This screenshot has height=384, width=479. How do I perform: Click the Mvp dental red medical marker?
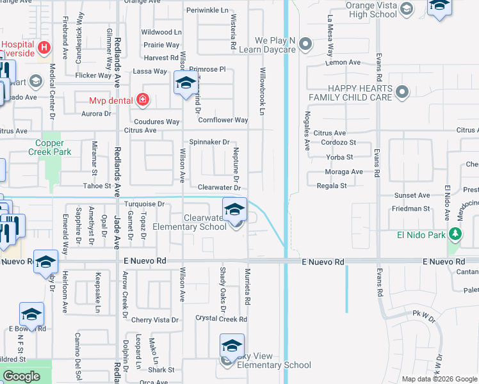[142, 100]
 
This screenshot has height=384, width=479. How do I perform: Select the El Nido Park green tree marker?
[455, 234]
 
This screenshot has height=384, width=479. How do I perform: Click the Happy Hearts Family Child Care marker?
[402, 93]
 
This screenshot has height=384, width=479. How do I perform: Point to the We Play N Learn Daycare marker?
[306, 45]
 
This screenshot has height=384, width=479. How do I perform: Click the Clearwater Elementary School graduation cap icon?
[234, 209]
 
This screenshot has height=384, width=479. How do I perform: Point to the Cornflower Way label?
[223, 120]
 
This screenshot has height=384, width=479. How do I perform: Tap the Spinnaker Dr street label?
[209, 142]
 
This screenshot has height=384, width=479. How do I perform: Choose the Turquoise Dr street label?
[144, 204]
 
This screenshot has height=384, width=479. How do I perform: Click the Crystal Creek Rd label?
[221, 318]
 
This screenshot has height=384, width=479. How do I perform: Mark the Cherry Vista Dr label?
[154, 319]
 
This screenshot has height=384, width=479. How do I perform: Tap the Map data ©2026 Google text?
[439, 379]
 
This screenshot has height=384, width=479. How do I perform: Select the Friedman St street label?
[412, 209]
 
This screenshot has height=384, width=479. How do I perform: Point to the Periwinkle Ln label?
[207, 11]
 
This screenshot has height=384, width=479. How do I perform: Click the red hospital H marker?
[44, 47]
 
